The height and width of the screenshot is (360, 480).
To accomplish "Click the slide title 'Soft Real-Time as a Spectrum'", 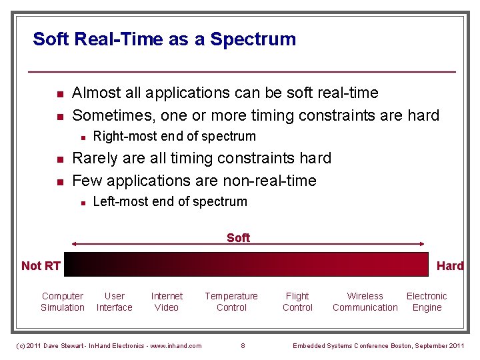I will pos(164,39).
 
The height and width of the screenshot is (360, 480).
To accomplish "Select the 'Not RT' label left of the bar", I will pos(41,266).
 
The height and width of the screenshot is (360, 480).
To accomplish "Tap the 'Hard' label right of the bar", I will pos(450,266).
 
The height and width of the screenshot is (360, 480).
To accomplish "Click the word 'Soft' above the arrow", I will pos(238,238).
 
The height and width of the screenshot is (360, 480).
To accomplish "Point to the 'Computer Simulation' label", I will pos(63,302).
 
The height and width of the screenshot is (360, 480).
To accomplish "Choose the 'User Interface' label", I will pos(115,302).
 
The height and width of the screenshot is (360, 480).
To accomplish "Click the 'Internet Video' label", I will pos(167,302).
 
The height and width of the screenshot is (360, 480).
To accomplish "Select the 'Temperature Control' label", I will pos(231,302).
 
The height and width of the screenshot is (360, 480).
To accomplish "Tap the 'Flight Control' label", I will pos(297,302).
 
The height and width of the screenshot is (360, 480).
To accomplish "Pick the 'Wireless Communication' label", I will pos(365,302).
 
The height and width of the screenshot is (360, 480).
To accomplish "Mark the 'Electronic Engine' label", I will pos(427,302).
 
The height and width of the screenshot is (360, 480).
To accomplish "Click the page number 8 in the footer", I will pos(243,345).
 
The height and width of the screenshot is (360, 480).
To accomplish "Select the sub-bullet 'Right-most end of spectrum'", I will pos(174,137).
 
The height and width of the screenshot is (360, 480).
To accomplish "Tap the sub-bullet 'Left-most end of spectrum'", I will pos(170,202).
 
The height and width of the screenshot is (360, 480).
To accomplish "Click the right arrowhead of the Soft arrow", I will pos(423,244).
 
